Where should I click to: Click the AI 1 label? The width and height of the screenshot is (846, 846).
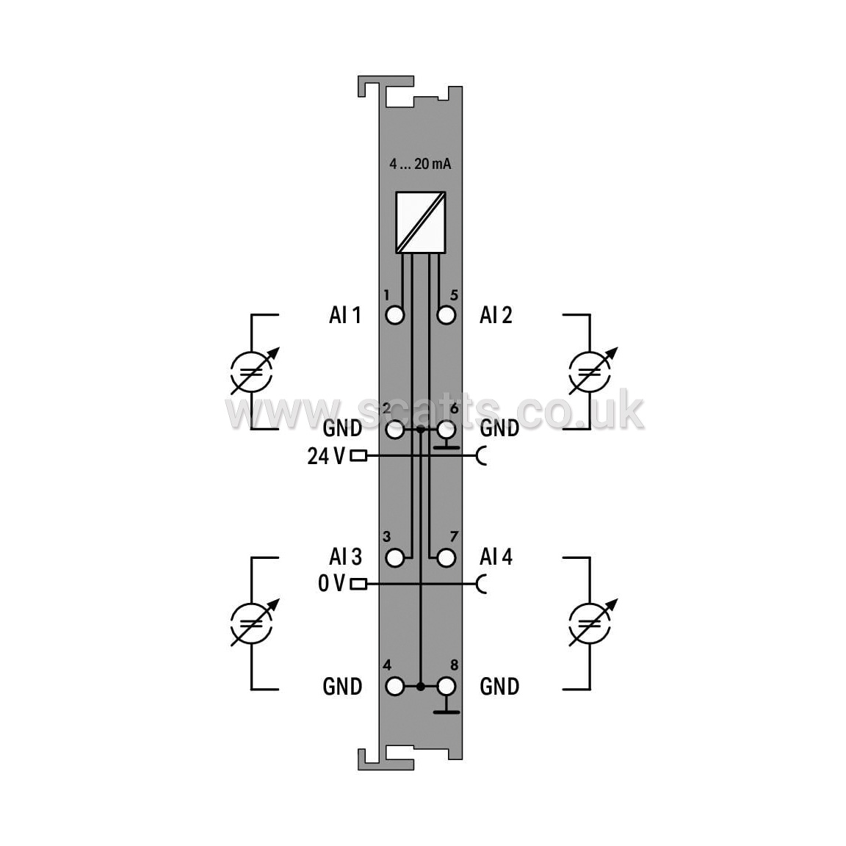(344, 315)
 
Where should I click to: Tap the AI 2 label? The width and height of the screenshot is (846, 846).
(496, 315)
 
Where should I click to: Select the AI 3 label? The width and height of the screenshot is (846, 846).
(345, 557)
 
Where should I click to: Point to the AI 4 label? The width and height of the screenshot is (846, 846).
(496, 557)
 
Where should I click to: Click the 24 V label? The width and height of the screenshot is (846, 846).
(326, 457)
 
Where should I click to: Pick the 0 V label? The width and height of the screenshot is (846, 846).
(331, 583)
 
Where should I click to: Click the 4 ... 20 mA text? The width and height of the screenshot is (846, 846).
(420, 164)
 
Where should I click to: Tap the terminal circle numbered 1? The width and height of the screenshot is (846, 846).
(395, 315)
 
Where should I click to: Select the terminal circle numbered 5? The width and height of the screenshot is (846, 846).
(446, 315)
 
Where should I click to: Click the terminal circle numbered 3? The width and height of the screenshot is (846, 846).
(395, 558)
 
